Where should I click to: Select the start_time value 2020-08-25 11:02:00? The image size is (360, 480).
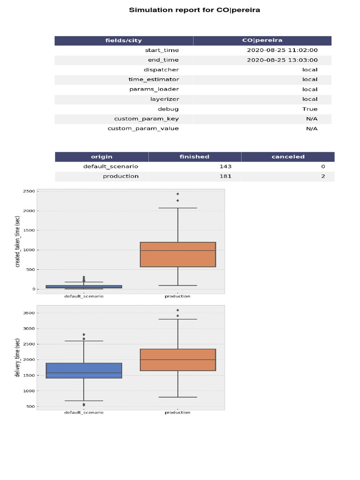coord(282,50)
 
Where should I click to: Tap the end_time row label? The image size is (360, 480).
coord(163,60)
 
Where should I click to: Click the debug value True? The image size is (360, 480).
coord(310,109)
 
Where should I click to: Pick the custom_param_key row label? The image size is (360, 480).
coord(146,119)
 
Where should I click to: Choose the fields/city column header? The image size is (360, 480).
coord(124,40)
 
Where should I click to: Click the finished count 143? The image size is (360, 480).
coord(225,166)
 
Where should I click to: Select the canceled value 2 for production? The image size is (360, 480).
coord(323,176)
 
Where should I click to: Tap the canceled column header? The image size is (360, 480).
coord(288,157)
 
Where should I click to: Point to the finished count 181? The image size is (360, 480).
coord(225,176)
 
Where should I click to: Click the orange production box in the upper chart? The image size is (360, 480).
coord(178,255)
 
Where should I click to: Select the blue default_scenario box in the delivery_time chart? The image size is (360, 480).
coord(83,370)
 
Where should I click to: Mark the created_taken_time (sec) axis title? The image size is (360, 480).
coord(18,241)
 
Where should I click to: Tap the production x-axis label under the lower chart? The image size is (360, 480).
coord(178,412)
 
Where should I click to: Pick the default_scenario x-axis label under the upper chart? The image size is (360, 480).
coord(83,296)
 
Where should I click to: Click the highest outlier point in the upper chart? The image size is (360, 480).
coord(178,194)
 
